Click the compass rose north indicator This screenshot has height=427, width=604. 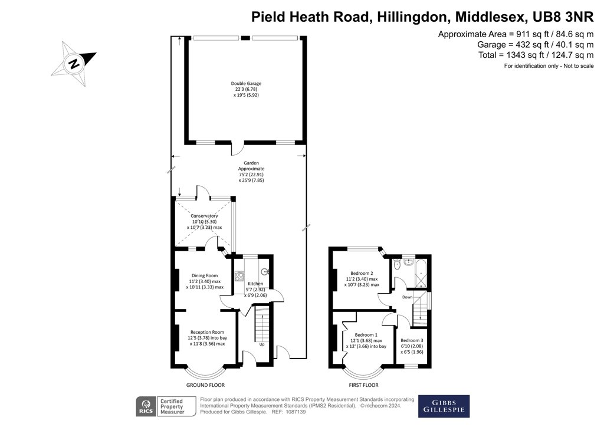coord(74,63)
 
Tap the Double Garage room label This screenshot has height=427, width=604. coord(246,84)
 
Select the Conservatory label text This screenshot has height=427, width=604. coord(204,216)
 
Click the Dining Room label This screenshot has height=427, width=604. coord(205,275)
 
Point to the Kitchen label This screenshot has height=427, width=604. coord(255,284)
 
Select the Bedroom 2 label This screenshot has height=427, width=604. coord(362,273)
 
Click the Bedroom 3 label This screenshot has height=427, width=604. coord(412,340)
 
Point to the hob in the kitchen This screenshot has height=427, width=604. coord(240,276)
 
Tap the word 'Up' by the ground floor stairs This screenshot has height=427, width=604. coord(261,344)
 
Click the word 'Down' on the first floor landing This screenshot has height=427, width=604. coord(408,297)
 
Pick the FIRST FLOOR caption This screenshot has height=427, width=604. coord(362,385)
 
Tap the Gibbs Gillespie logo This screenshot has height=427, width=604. coord(444,406)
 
